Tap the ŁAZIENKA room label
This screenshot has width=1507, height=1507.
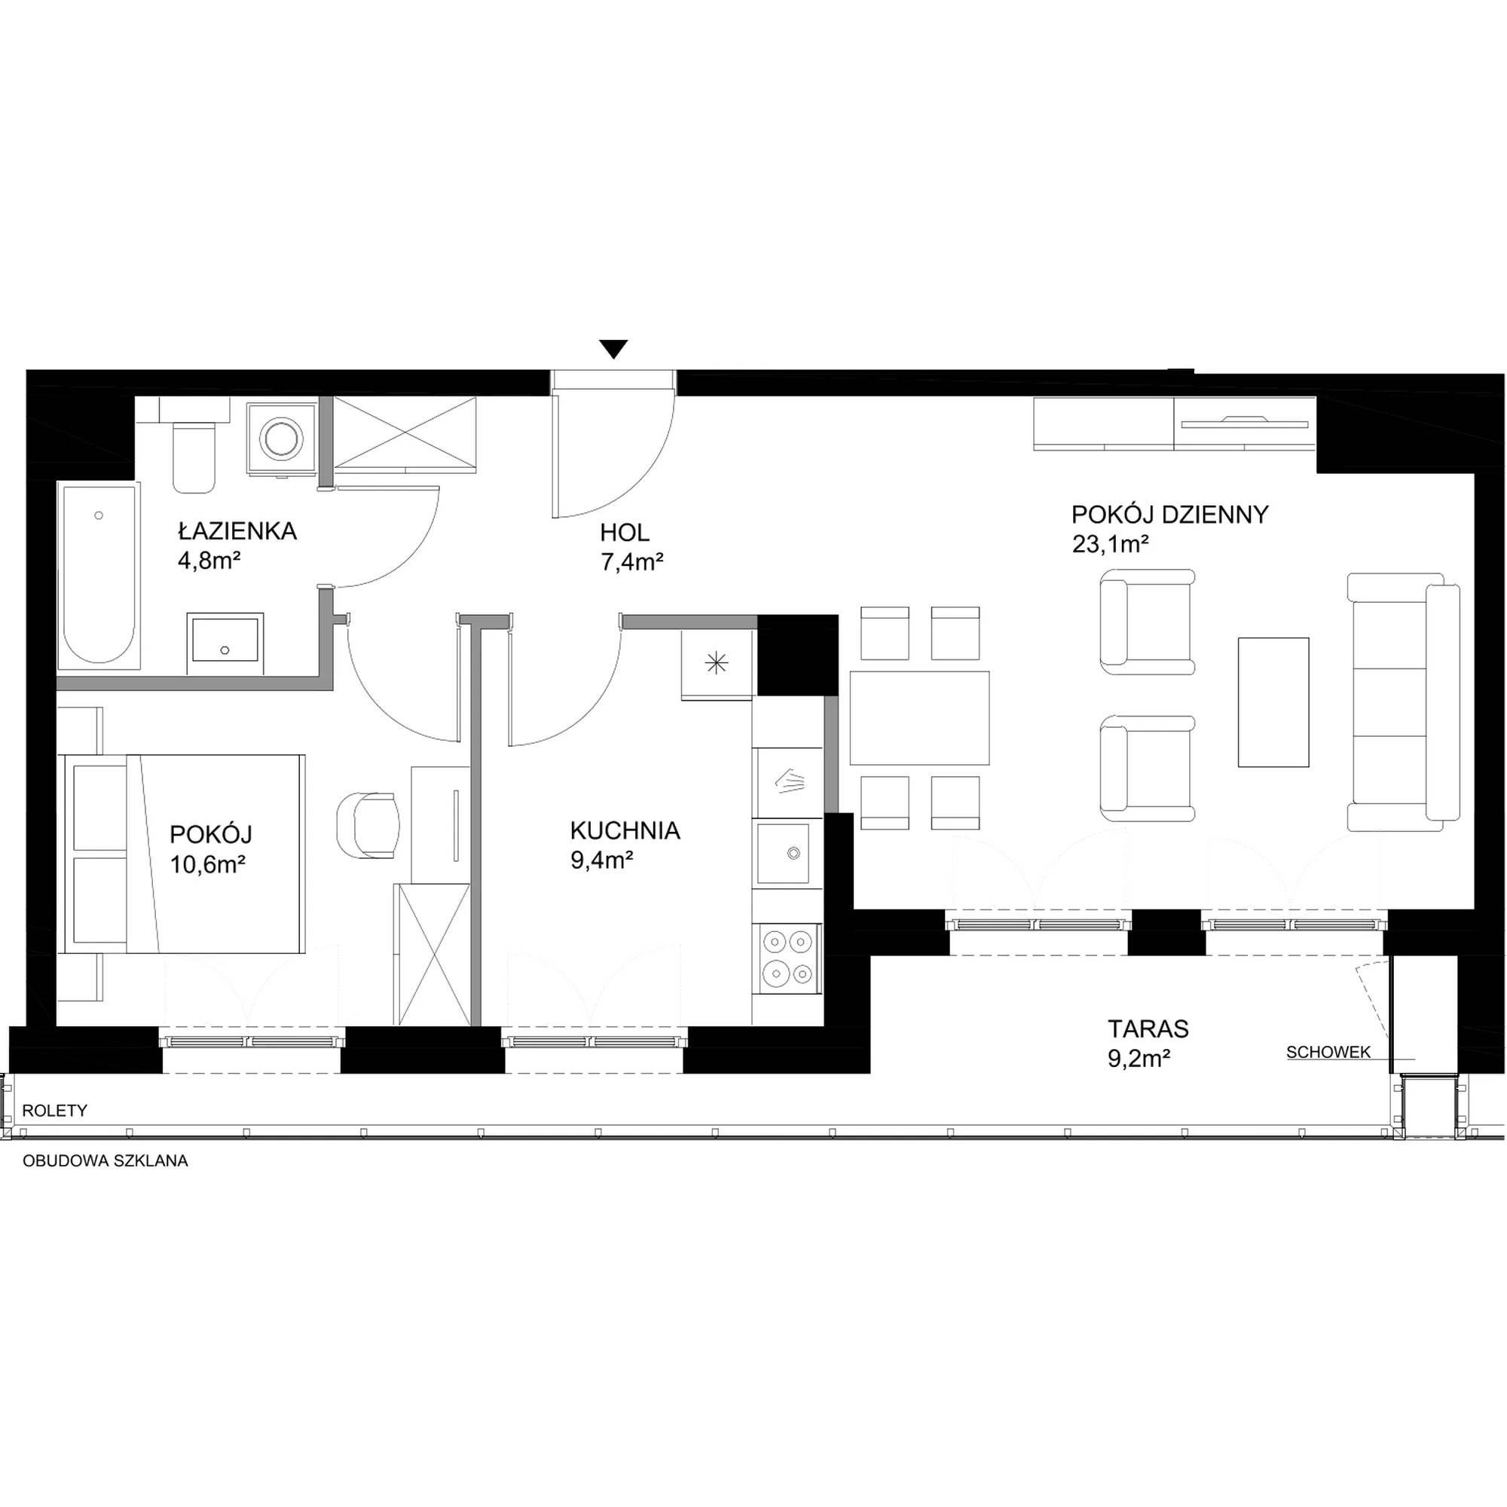tap(237, 530)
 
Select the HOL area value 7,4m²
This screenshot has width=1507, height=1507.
tap(632, 561)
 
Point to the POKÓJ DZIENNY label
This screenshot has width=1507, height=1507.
tap(1170, 515)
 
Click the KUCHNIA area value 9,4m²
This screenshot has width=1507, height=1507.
tap(601, 860)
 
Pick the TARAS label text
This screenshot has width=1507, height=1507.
tap(1149, 1029)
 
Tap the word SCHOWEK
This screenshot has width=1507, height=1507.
tap(1328, 1052)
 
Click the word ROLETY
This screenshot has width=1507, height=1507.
tap(54, 1111)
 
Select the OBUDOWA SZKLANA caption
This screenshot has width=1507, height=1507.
tap(105, 1160)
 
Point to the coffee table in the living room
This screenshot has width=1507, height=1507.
tap(1273, 702)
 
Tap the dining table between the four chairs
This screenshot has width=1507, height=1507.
tap(919, 717)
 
